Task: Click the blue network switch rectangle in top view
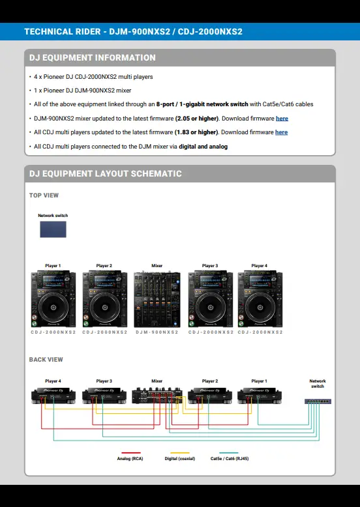(x=53, y=229)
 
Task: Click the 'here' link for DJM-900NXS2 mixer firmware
(x=282, y=119)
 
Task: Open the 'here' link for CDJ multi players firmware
(x=281, y=132)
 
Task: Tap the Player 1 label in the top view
(x=53, y=265)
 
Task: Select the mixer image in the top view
(x=157, y=299)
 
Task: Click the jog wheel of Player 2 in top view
(x=105, y=307)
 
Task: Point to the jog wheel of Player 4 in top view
(x=260, y=307)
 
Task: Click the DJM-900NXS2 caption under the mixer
(x=157, y=332)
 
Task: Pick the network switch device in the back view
(x=318, y=401)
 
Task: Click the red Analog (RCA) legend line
(x=131, y=453)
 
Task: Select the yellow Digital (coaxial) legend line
(x=180, y=453)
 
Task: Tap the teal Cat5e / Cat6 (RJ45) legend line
(x=229, y=453)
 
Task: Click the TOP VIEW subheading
(x=44, y=196)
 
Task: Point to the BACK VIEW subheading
(x=46, y=360)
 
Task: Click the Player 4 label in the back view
(x=53, y=381)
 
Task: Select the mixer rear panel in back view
(x=157, y=395)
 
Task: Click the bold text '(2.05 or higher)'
(x=197, y=119)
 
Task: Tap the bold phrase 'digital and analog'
(x=203, y=147)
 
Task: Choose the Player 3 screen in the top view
(x=211, y=281)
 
